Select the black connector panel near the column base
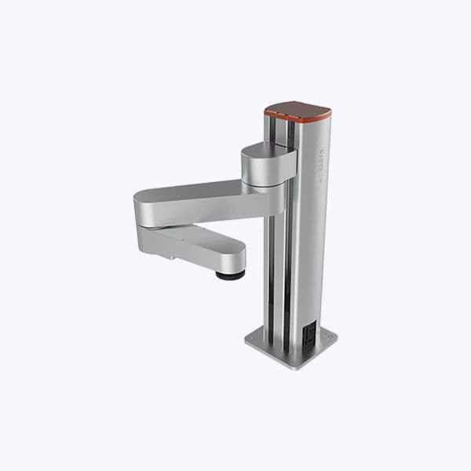[310, 333]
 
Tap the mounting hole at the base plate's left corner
[252, 339]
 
